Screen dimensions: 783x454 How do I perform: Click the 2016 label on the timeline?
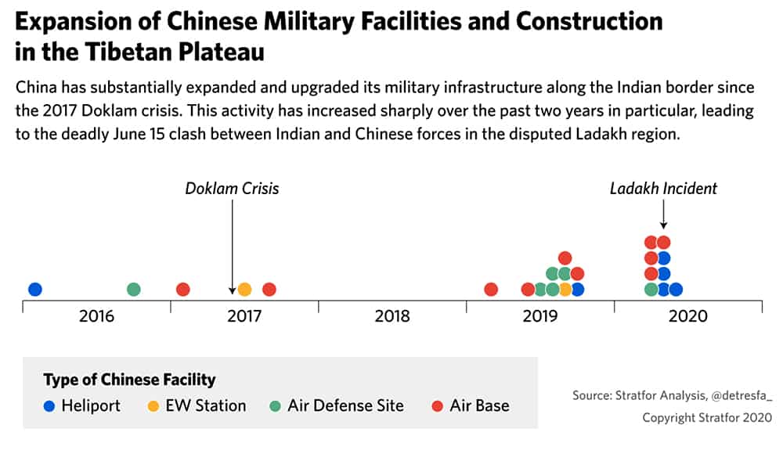(96, 316)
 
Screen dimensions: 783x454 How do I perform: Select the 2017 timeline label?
(244, 316)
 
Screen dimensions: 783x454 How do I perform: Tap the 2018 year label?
(392, 316)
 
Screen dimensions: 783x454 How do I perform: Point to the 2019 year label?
(539, 316)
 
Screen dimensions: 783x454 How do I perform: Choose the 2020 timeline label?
(687, 316)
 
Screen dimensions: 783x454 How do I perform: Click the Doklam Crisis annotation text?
(233, 189)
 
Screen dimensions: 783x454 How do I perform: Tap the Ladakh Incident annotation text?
(663, 189)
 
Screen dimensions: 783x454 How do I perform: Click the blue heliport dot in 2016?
(35, 289)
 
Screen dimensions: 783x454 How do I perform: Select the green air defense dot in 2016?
(133, 289)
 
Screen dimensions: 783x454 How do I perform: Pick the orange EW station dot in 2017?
(244, 289)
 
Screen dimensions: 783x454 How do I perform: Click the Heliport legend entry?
(82, 405)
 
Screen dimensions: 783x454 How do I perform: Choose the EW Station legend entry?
(197, 405)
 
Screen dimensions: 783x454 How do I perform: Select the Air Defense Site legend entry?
(337, 405)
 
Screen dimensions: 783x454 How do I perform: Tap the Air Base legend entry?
(471, 405)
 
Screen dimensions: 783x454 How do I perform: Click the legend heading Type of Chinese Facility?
(129, 380)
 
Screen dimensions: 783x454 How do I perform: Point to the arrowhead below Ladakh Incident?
(664, 225)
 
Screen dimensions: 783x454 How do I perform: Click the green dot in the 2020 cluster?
(651, 289)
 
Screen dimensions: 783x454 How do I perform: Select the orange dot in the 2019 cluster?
(565, 289)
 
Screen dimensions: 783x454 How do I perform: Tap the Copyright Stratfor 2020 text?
(707, 417)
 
